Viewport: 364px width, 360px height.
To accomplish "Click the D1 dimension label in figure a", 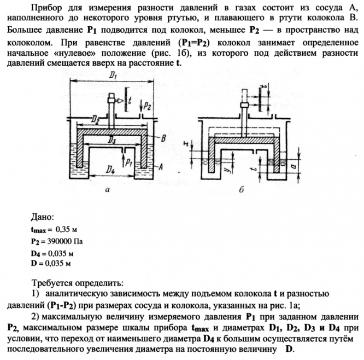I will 113,77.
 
